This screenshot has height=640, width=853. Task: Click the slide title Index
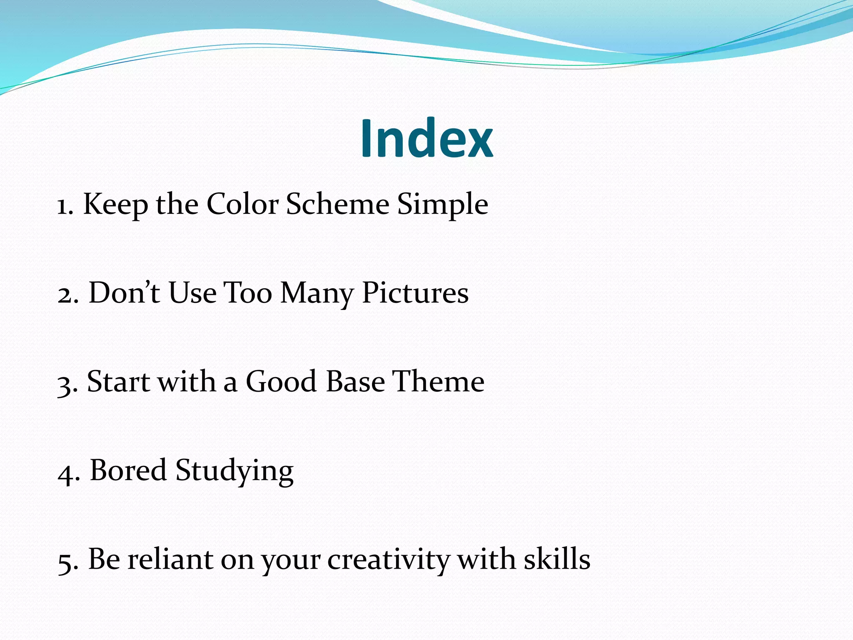click(426, 138)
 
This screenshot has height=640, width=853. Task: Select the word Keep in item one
click(115, 205)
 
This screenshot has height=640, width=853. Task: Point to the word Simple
click(442, 205)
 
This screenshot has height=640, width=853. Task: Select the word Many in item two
click(317, 294)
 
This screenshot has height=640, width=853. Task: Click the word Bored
click(128, 470)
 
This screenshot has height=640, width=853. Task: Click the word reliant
click(170, 559)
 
